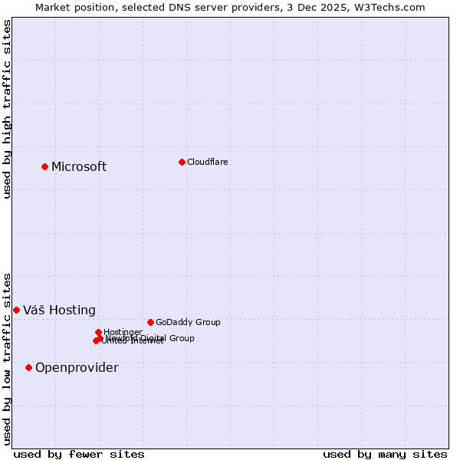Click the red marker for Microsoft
(x=44, y=166)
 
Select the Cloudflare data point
(x=182, y=162)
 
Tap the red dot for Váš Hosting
(x=16, y=310)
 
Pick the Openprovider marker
(x=28, y=367)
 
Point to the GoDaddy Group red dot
(x=150, y=322)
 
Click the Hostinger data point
(x=98, y=332)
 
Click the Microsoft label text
(x=79, y=167)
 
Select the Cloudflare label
(x=208, y=162)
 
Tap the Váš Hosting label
(x=59, y=310)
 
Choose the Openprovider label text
(x=77, y=368)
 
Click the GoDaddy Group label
(x=188, y=323)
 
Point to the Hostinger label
(x=123, y=332)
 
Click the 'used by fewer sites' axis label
(x=79, y=455)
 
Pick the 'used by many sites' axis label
(x=385, y=455)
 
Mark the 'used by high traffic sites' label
(x=8, y=109)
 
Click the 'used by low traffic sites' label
(x=8, y=358)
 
